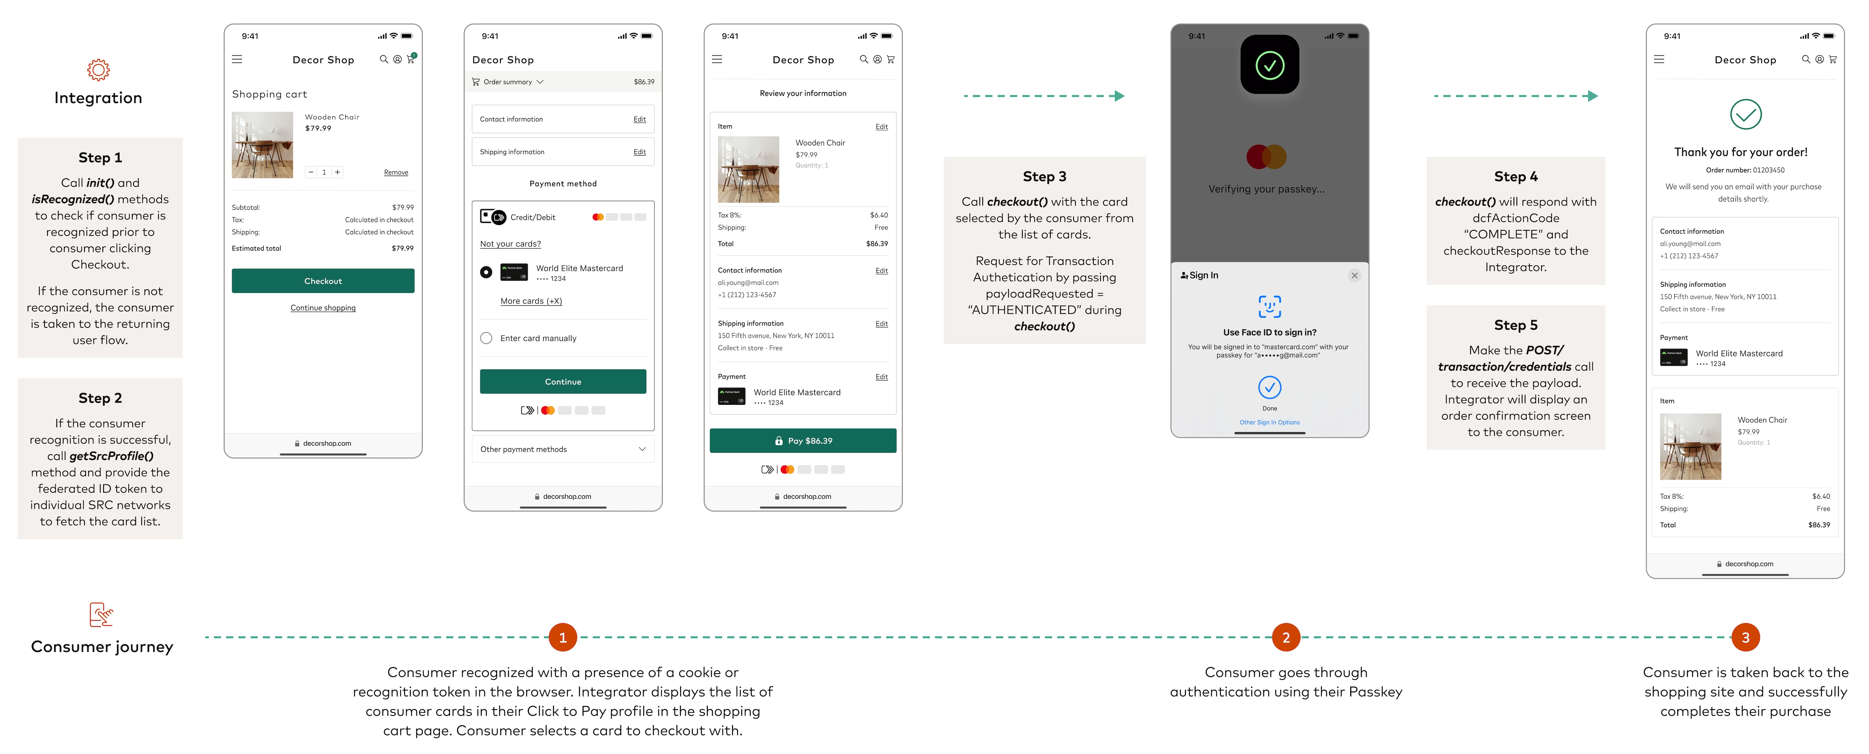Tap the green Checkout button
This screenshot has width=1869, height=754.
323,281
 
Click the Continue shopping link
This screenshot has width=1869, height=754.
323,308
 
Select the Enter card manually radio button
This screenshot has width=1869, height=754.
486,338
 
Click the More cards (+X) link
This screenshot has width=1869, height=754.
531,301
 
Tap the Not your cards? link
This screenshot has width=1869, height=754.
510,244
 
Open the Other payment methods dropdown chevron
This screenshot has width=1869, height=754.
642,449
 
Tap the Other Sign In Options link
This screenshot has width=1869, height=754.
1270,422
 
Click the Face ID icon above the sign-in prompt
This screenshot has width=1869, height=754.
1270,307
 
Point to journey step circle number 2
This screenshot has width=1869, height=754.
1286,637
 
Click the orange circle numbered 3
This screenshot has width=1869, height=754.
1746,637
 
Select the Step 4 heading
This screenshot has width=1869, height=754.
1516,176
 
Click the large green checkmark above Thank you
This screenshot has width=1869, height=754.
1746,114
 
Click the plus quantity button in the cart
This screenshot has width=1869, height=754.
338,172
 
